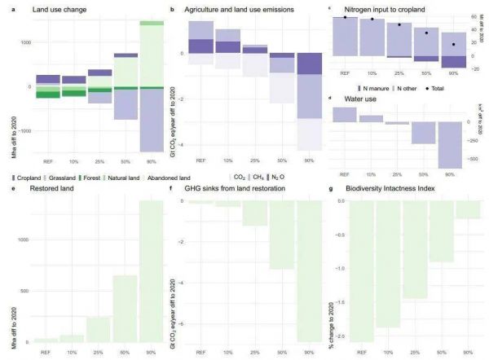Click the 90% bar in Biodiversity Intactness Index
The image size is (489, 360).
(x=468, y=209)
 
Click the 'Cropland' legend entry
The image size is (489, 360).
(x=27, y=176)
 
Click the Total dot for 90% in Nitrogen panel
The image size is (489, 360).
(x=452, y=44)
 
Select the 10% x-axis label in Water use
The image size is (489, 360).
(x=371, y=174)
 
